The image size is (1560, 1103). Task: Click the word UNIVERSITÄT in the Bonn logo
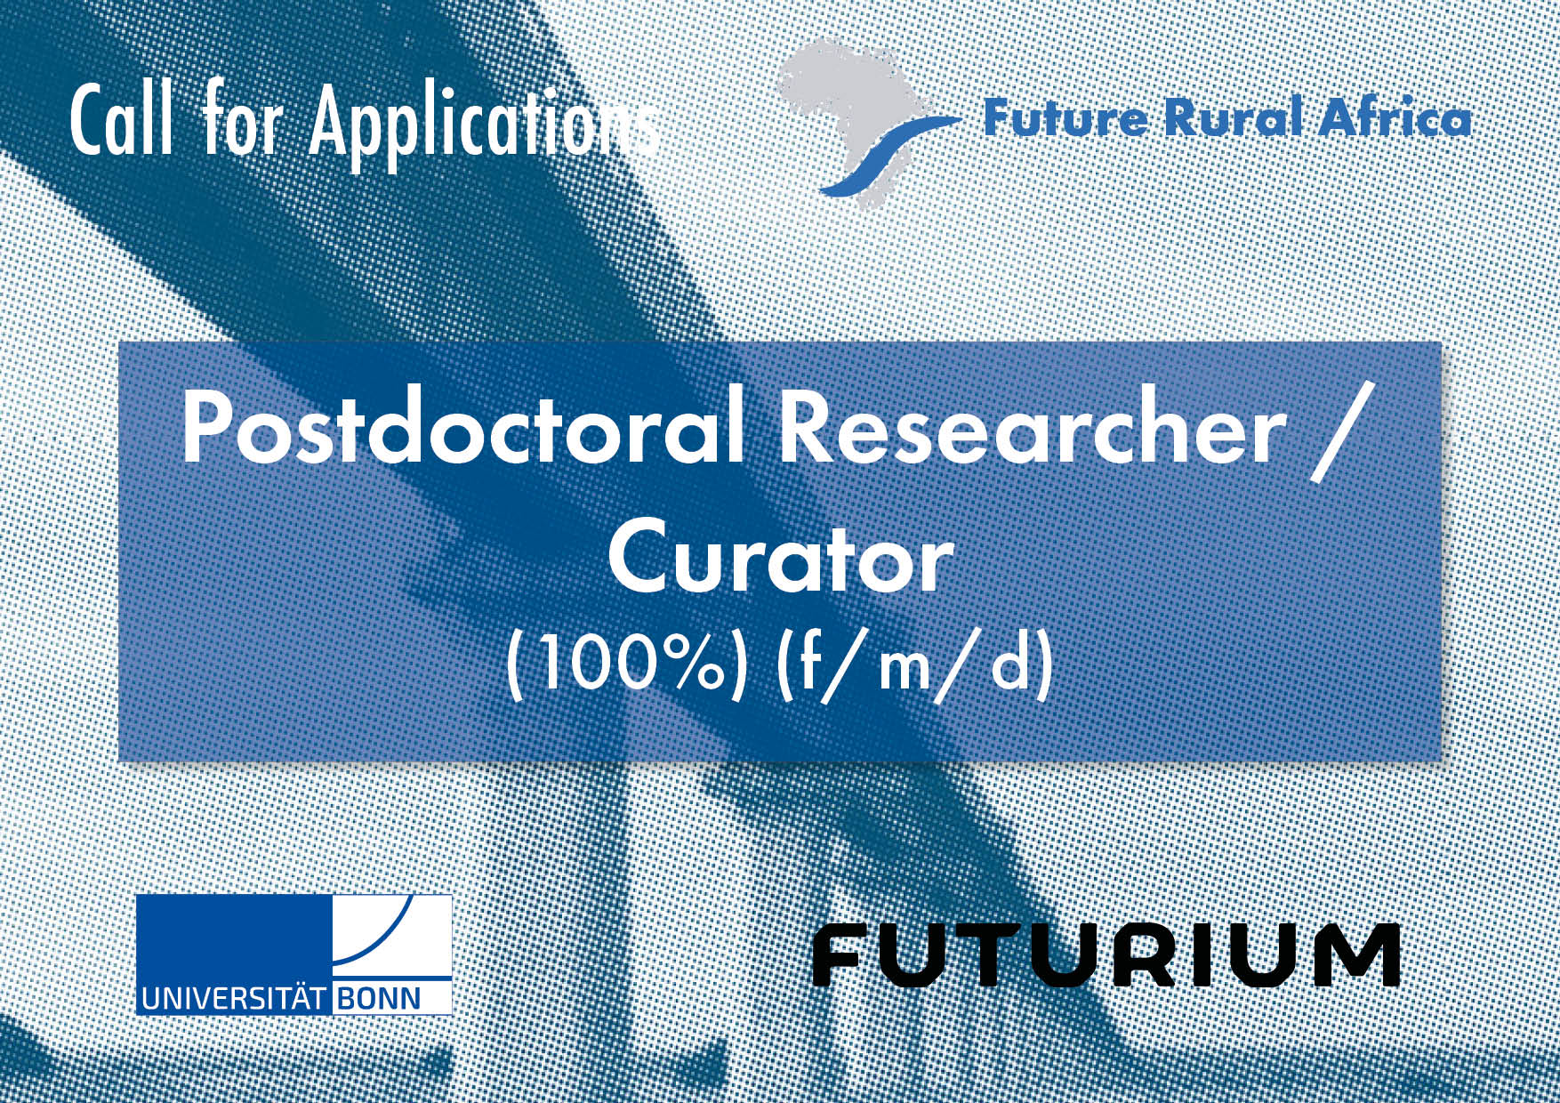[x=235, y=996]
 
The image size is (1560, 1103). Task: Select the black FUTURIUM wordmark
[x=1106, y=955]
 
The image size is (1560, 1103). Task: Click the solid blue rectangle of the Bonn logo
[x=234, y=938]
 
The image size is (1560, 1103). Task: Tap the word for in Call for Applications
[x=241, y=121]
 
